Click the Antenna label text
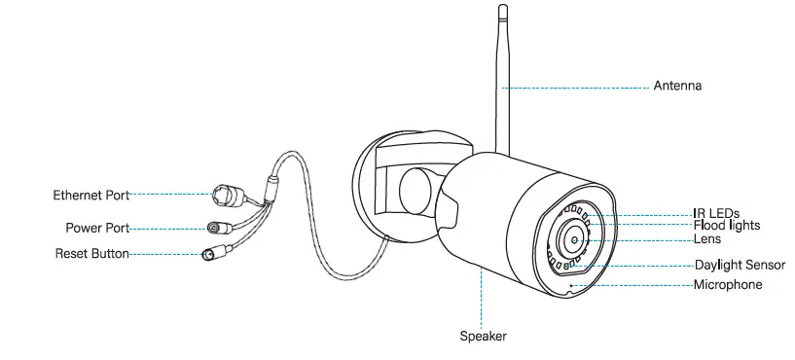(676, 87)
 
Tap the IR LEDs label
(716, 213)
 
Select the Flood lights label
(726, 226)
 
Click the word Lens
(706, 238)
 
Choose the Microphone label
(727, 285)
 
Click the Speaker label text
(483, 337)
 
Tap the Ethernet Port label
(90, 196)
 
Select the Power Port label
(97, 229)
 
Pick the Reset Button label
(91, 254)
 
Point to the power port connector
(215, 229)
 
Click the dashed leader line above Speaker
(483, 302)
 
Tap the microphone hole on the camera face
(571, 285)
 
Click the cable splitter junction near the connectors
(270, 184)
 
